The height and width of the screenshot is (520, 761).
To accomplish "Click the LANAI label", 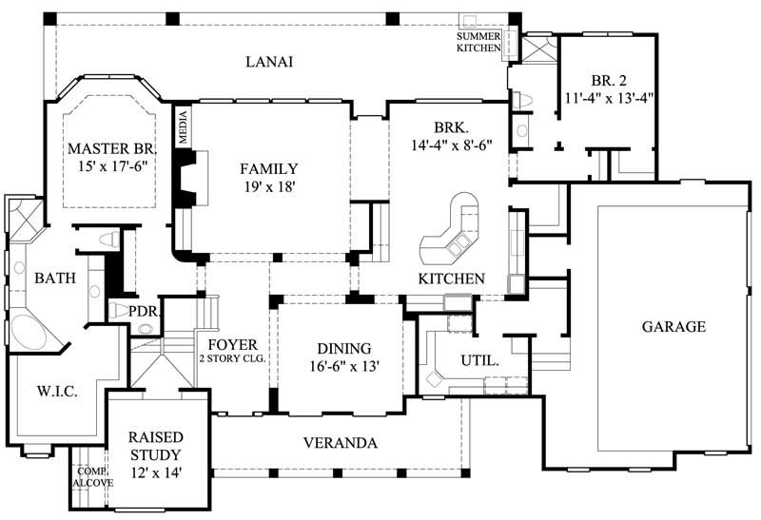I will [x=268, y=62].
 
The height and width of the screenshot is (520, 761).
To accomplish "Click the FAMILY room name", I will [x=268, y=169].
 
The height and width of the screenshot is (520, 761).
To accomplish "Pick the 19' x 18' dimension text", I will [x=269, y=188].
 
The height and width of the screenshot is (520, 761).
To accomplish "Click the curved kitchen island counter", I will [x=453, y=233].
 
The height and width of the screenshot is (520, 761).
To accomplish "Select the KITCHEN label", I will [x=452, y=279].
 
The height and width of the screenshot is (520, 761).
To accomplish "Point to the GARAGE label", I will [x=673, y=326].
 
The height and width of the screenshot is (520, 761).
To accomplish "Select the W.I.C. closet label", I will [x=56, y=391].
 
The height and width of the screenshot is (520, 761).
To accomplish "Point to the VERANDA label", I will [x=340, y=443].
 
